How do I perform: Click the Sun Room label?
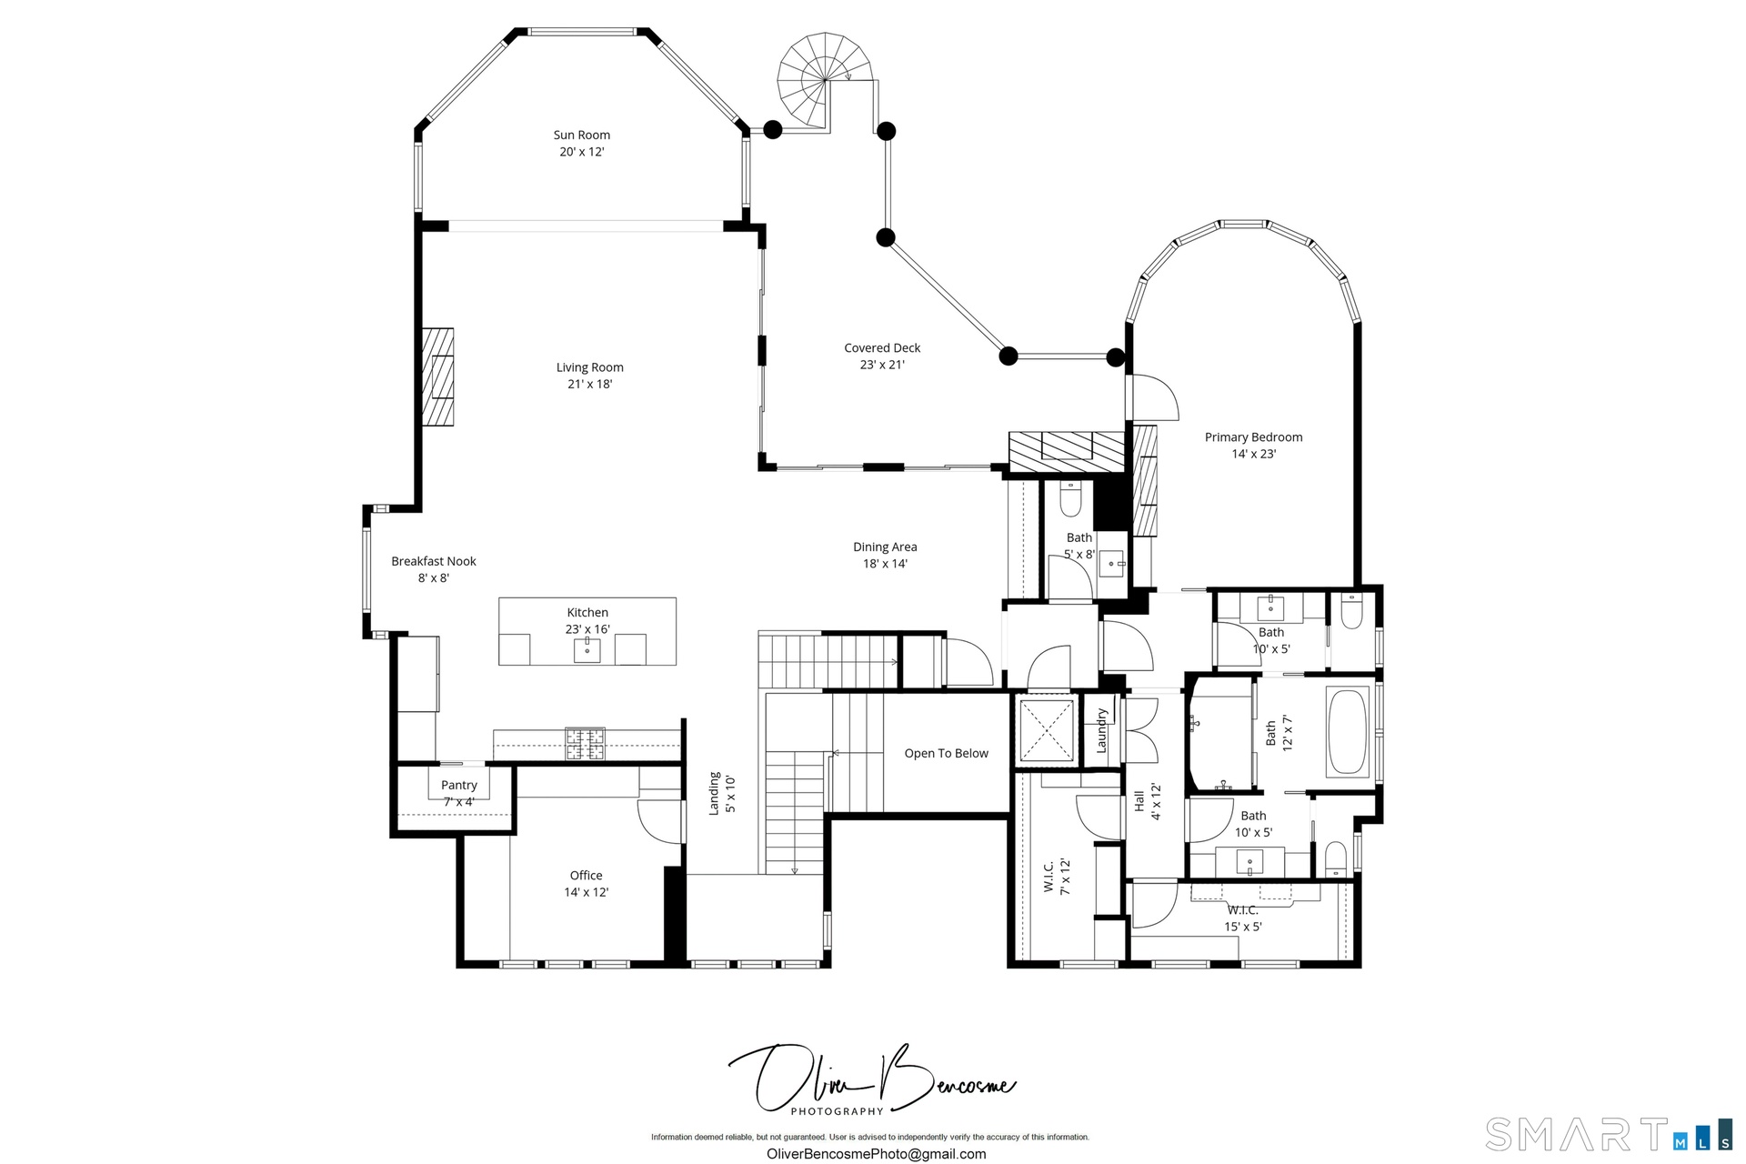[582, 135]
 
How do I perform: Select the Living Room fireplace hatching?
[437, 376]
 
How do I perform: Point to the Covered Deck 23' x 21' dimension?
[882, 365]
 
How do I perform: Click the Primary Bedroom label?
[1253, 437]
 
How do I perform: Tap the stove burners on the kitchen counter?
[586, 743]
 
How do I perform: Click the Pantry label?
[459, 785]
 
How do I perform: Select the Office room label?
[587, 876]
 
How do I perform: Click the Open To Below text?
[947, 753]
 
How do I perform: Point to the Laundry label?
[1101, 730]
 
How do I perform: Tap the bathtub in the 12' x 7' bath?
[1348, 732]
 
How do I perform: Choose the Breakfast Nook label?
[434, 561]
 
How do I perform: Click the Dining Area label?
[885, 547]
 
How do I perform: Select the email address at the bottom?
[877, 1154]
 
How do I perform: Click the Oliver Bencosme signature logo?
[871, 1081]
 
